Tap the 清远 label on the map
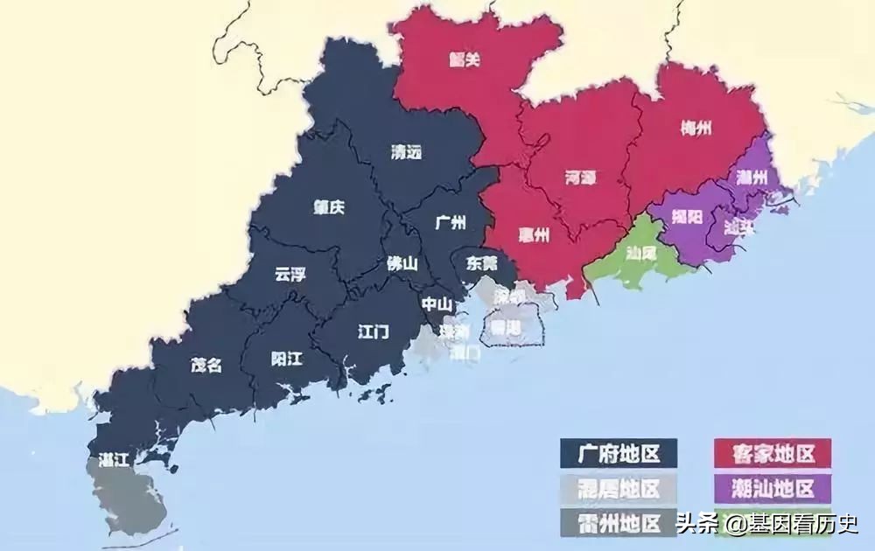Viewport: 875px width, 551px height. [x=406, y=152]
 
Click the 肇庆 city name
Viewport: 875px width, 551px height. [x=329, y=208]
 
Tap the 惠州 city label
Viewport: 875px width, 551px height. [x=531, y=235]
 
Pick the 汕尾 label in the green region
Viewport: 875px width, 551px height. [x=640, y=254]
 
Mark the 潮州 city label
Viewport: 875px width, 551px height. [x=752, y=178]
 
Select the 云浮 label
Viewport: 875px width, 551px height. [x=290, y=275]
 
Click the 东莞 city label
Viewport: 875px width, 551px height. [x=480, y=262]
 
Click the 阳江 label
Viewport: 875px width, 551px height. [x=286, y=359]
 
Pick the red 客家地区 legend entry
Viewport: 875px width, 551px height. [x=769, y=455]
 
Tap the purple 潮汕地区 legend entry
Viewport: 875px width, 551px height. [x=769, y=488]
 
